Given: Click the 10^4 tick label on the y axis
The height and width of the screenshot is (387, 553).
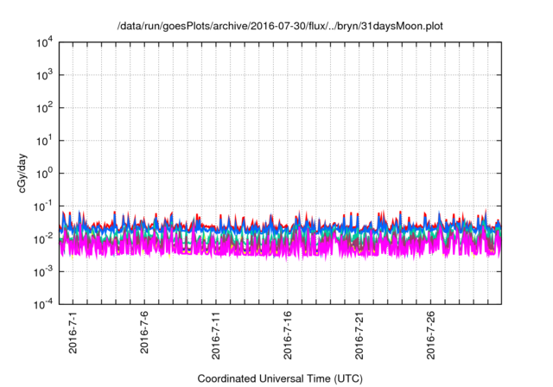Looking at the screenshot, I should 43,42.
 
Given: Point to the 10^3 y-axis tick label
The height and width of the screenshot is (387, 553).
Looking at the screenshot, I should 43,75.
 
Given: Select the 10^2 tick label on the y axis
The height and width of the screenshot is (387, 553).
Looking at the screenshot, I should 43,108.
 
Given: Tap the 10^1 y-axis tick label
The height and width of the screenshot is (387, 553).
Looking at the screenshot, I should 43,140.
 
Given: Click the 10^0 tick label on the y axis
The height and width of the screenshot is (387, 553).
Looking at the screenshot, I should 43,173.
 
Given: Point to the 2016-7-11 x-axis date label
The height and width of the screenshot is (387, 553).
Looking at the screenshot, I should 216,337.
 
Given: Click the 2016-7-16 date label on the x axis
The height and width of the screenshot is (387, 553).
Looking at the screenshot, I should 288,337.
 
